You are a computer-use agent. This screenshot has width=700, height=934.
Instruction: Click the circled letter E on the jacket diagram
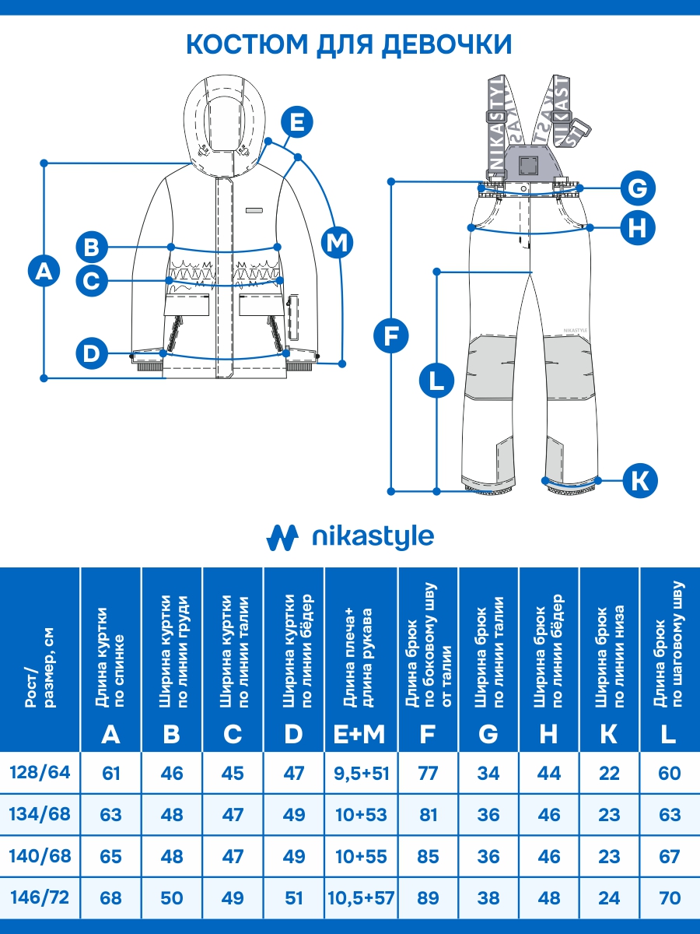coord(295,123)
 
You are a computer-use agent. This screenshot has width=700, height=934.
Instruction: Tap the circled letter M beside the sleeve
coord(337,244)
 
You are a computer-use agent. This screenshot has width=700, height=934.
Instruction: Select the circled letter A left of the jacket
coord(44,271)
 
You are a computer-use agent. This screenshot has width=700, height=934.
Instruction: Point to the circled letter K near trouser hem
coord(639,480)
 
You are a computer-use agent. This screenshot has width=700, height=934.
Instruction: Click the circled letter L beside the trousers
coord(436,381)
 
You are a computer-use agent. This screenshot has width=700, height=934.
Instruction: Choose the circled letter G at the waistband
coord(637,188)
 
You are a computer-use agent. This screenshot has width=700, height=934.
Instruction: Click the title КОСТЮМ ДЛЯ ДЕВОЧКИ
coord(349,44)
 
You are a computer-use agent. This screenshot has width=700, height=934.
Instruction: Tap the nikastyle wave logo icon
coord(283,537)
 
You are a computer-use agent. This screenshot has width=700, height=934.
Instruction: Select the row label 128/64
coord(40,773)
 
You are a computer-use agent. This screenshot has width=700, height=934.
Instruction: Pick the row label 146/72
coord(40,897)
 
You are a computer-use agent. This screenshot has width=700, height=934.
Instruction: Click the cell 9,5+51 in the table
coord(361,773)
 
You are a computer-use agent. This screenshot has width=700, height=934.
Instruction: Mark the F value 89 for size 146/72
coord(427,897)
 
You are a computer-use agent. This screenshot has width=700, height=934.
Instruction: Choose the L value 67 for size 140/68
coord(669,856)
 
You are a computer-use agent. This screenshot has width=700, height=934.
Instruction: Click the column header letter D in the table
coord(293,734)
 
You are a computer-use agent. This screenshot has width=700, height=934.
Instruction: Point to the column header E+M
coord(361,734)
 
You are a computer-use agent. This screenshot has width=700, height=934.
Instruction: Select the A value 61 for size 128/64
coord(111,773)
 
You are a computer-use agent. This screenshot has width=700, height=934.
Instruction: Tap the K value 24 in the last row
coord(609,897)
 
